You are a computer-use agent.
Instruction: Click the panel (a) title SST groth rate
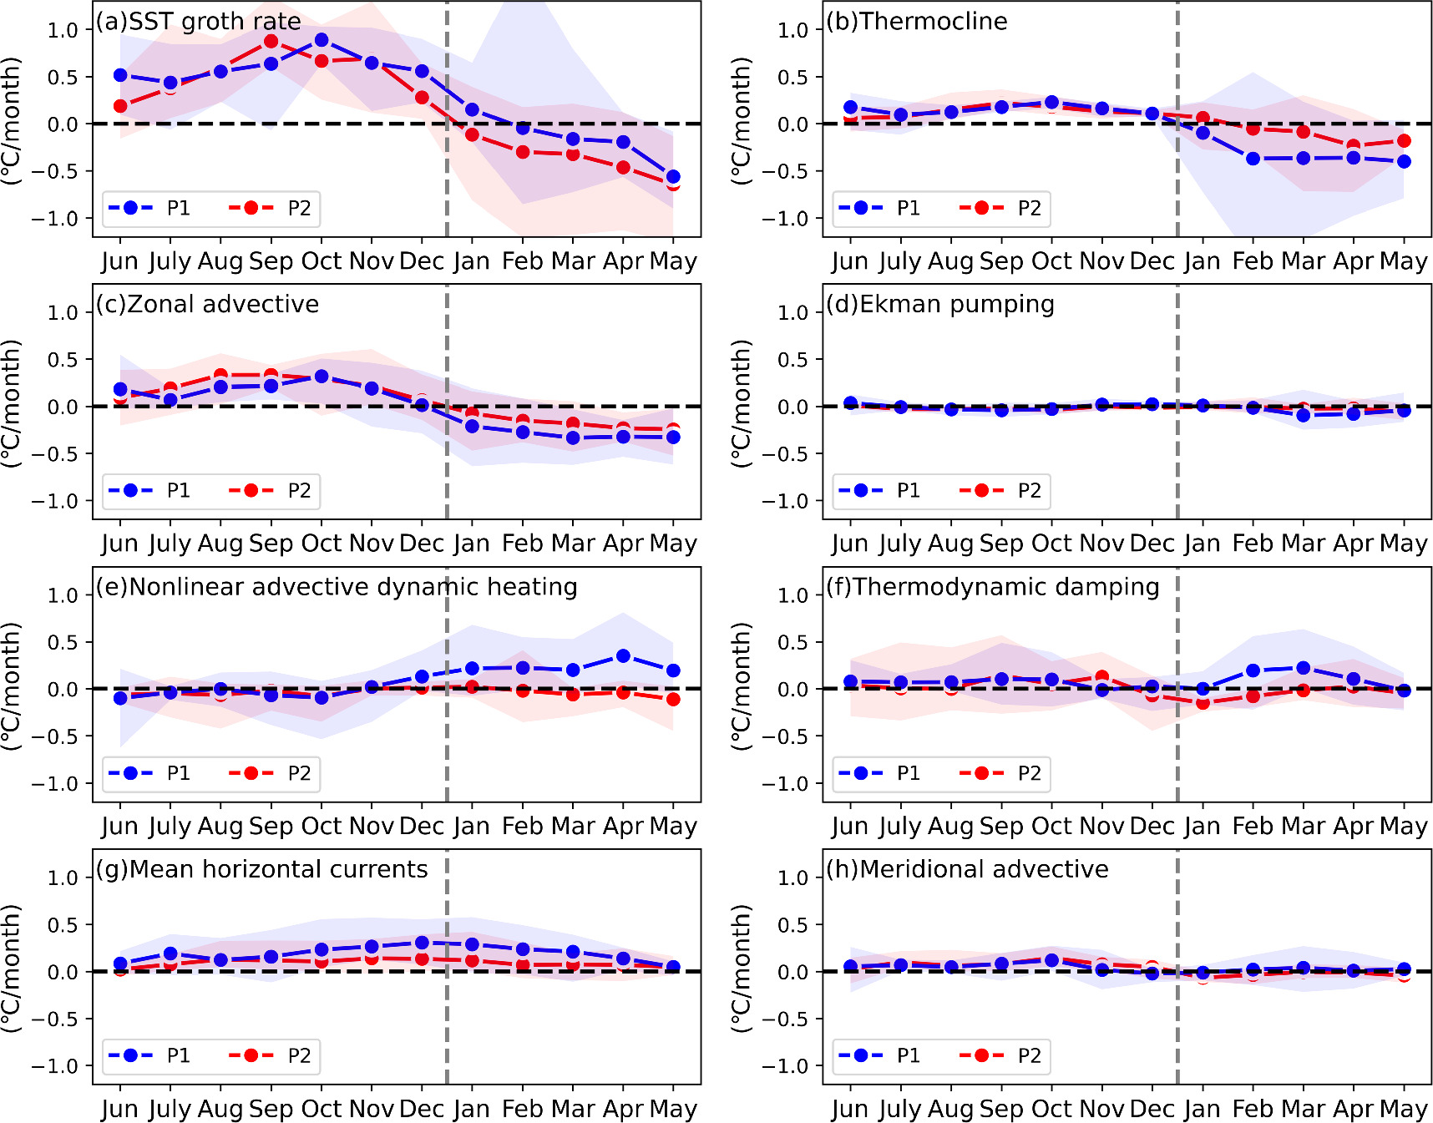click(x=199, y=21)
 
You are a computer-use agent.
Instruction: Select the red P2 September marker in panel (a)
click(x=271, y=41)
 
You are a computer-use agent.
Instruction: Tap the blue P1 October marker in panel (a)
click(x=322, y=39)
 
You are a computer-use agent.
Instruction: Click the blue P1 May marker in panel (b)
click(x=1404, y=161)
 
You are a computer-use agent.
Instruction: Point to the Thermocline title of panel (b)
click(x=917, y=21)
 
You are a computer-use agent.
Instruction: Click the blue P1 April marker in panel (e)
click(x=623, y=656)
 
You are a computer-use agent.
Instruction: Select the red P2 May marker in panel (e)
click(x=673, y=699)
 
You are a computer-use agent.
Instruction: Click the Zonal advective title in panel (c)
click(x=207, y=304)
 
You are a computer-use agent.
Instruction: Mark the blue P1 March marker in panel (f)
click(x=1303, y=668)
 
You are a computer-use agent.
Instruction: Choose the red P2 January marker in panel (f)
click(x=1203, y=703)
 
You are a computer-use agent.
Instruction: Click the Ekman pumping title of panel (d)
click(x=940, y=304)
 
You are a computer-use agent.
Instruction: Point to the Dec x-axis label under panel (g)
click(x=421, y=1109)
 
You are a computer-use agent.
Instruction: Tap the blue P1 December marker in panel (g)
click(x=422, y=943)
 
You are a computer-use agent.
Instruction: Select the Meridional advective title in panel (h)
click(x=968, y=869)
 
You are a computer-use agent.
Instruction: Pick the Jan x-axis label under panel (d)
click(x=1202, y=544)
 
